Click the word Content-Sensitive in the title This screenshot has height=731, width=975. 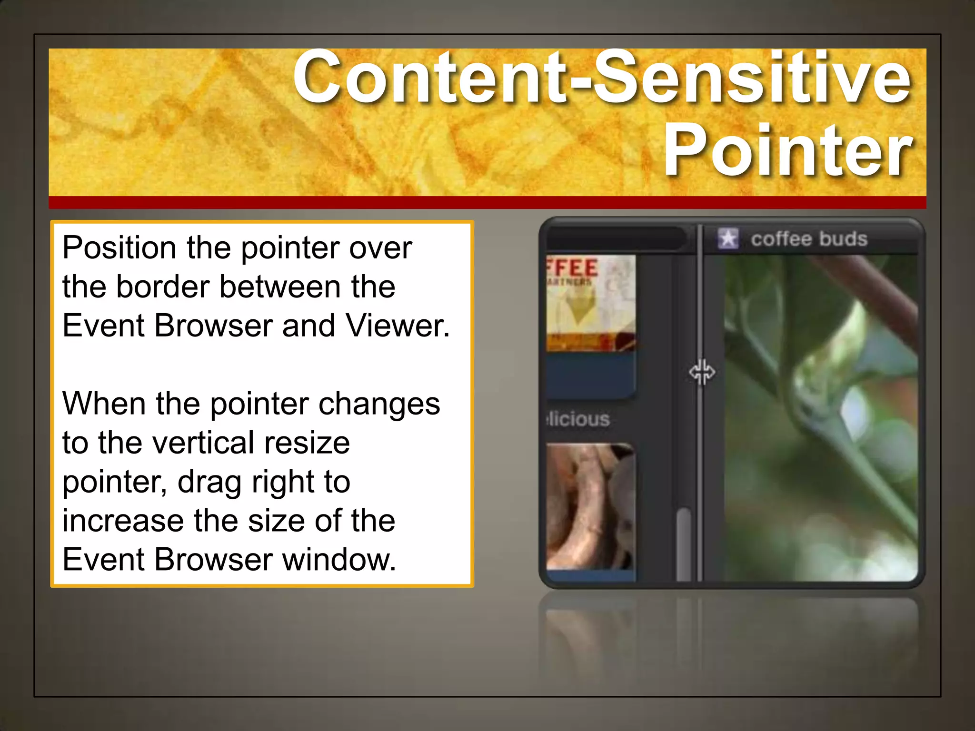[x=602, y=77]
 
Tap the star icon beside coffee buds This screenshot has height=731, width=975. [x=728, y=238]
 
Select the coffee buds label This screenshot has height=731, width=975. [x=809, y=239]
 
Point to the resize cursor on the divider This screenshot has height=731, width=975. [x=702, y=372]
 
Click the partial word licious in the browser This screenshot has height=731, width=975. [x=578, y=419]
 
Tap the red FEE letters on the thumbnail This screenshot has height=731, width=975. [x=573, y=267]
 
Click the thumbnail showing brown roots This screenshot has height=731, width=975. [x=590, y=507]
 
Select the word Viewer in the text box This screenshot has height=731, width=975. [x=398, y=326]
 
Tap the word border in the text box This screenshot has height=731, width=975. [x=162, y=287]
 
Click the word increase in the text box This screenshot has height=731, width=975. [x=123, y=521]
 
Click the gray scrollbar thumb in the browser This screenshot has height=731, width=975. [x=684, y=543]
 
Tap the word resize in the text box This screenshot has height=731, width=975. [x=307, y=443]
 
